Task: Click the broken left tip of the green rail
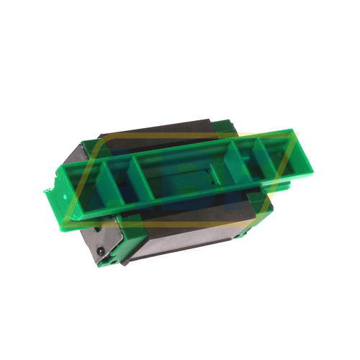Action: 49,190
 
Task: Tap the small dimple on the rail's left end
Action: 66,193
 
